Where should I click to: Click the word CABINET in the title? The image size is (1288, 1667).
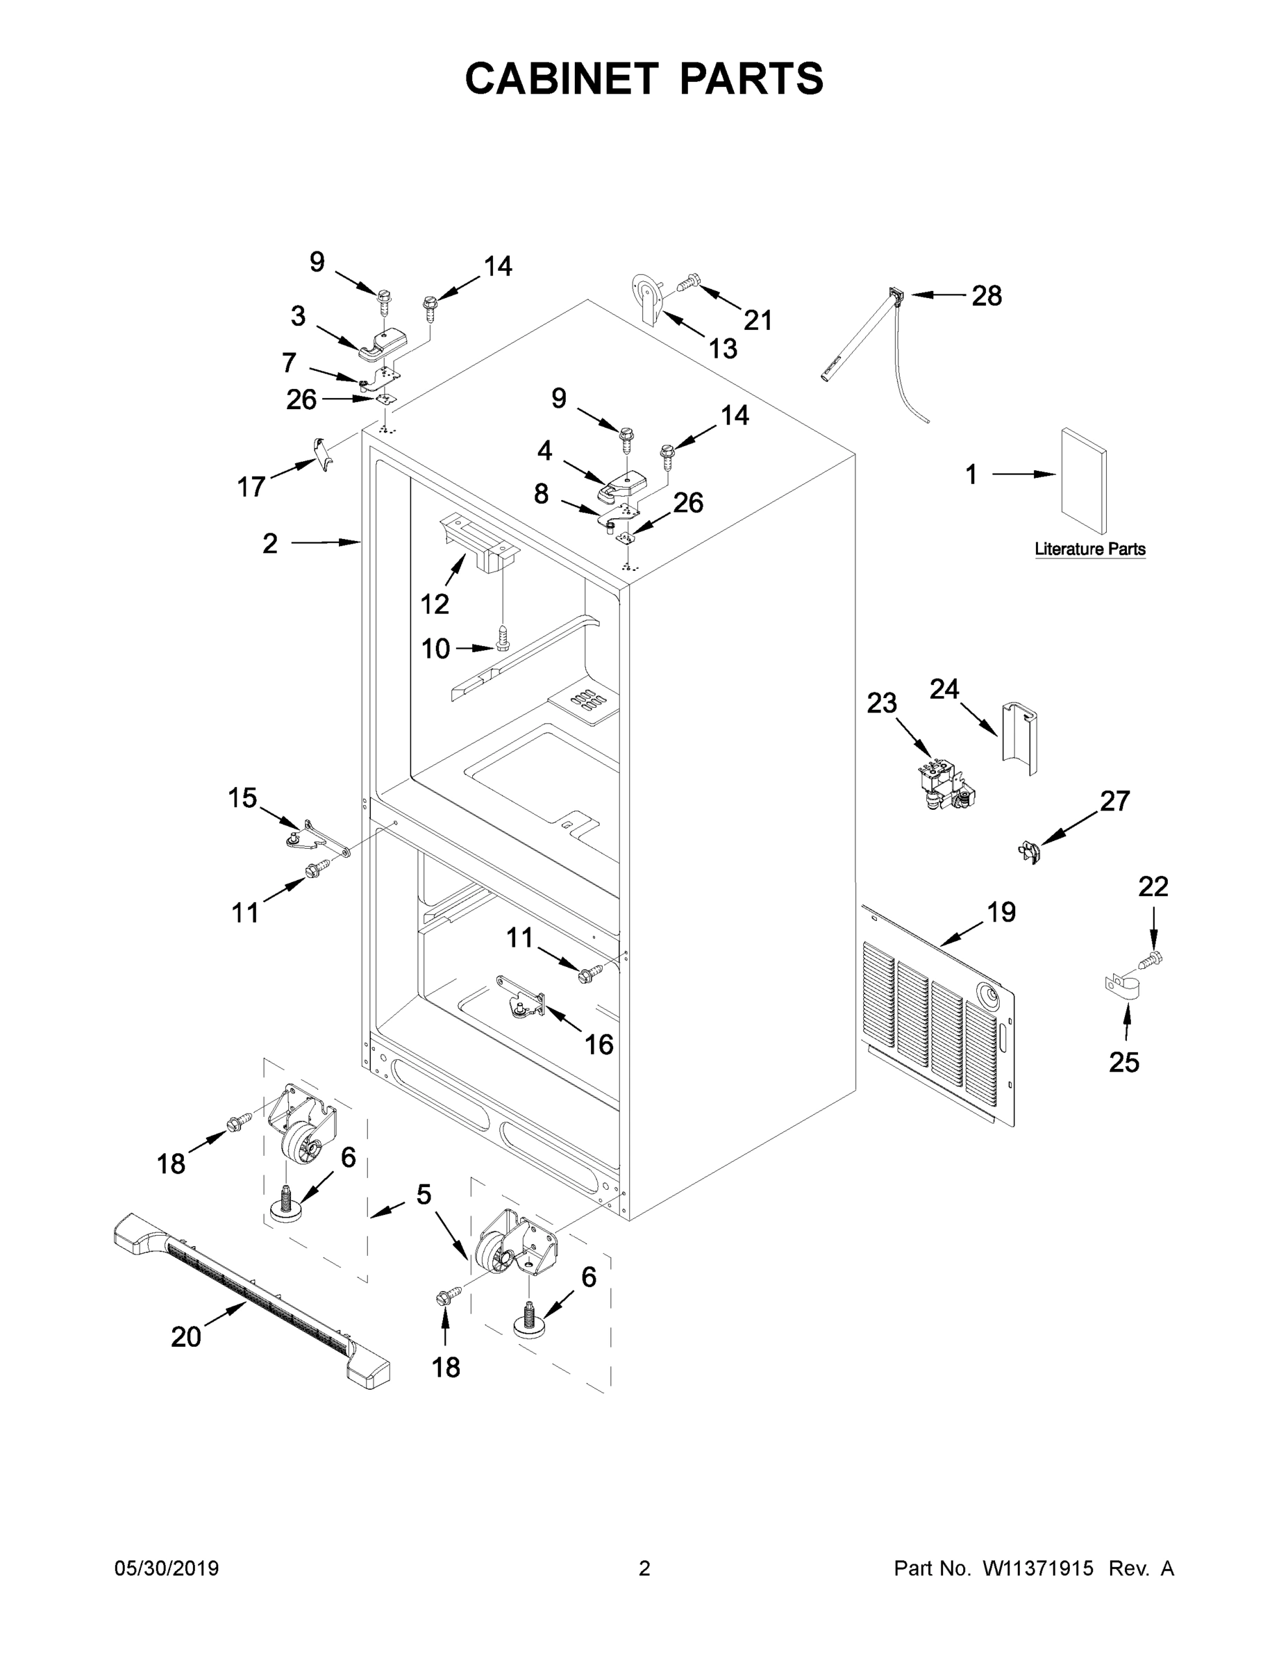(562, 78)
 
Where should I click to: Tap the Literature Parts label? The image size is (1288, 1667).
(1089, 549)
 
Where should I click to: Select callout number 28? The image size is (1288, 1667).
(986, 296)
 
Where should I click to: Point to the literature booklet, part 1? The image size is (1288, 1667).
(1082, 481)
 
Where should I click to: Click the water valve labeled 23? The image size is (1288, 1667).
(946, 786)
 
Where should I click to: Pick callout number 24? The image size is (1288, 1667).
(944, 689)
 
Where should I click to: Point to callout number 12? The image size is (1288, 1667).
(434, 604)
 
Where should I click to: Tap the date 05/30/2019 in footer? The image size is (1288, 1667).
(167, 1568)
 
